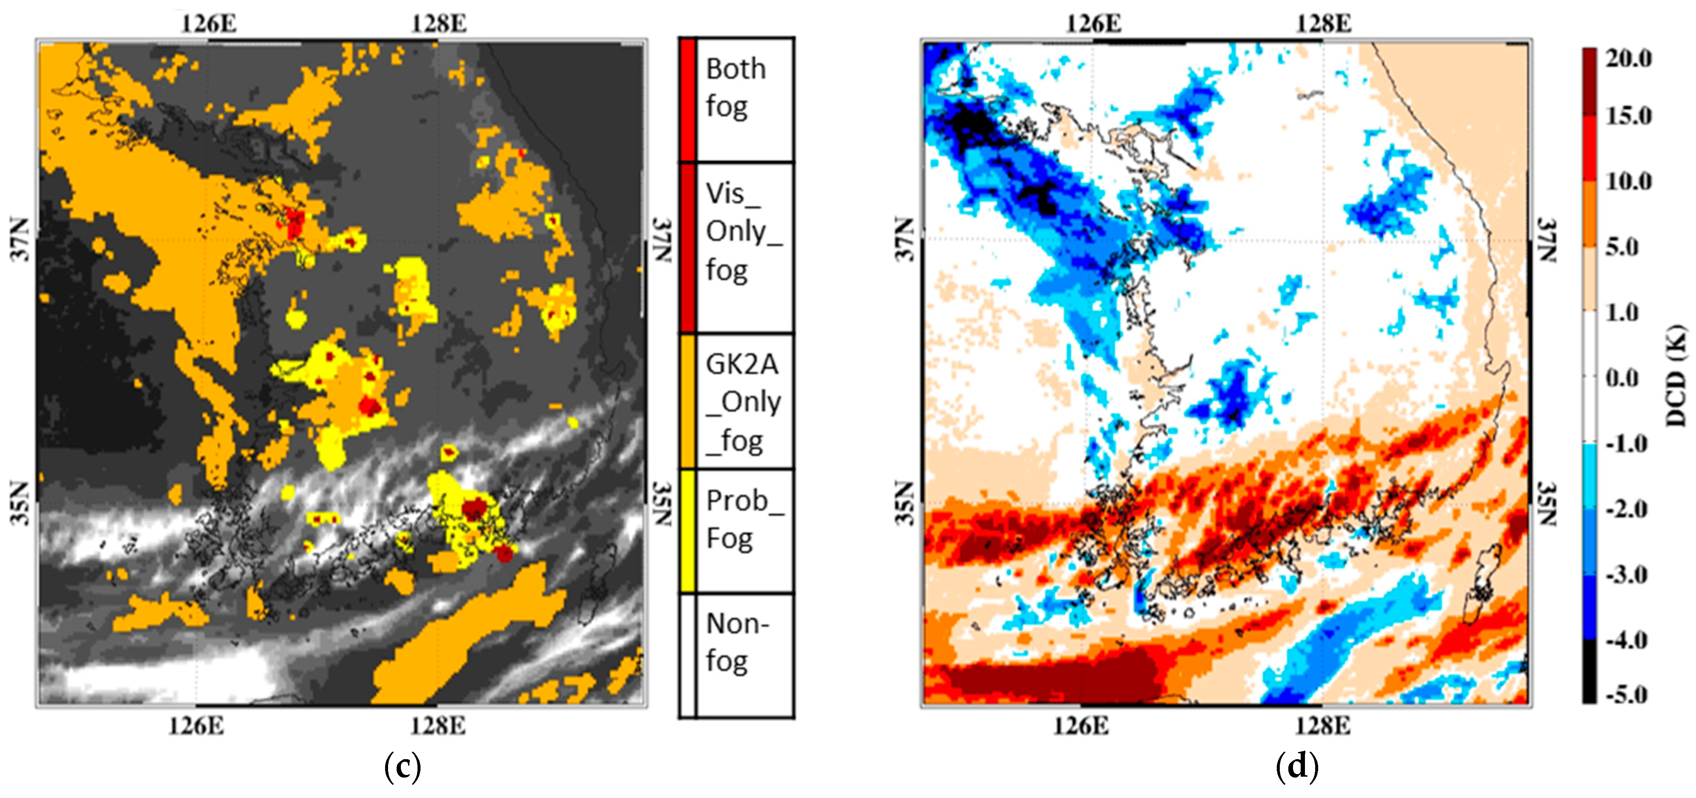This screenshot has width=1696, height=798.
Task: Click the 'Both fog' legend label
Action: point(735,87)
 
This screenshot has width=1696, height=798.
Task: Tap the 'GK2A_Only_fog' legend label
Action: point(742,402)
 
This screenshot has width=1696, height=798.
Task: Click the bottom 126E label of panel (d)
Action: point(1080,725)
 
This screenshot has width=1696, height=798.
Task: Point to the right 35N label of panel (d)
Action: point(1548,504)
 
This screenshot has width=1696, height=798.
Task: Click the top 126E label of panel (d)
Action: point(1093,24)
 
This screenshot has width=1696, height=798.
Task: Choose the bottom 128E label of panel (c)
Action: point(438,725)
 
